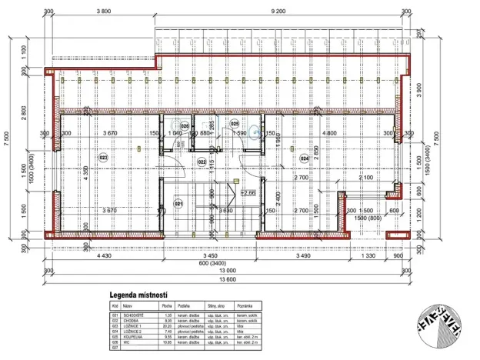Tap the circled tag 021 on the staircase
(x=178, y=204)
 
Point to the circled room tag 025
(x=235, y=123)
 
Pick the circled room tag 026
(x=185, y=125)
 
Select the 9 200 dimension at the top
(x=278, y=12)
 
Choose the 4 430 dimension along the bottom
(x=105, y=255)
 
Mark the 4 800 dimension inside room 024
(x=330, y=133)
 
